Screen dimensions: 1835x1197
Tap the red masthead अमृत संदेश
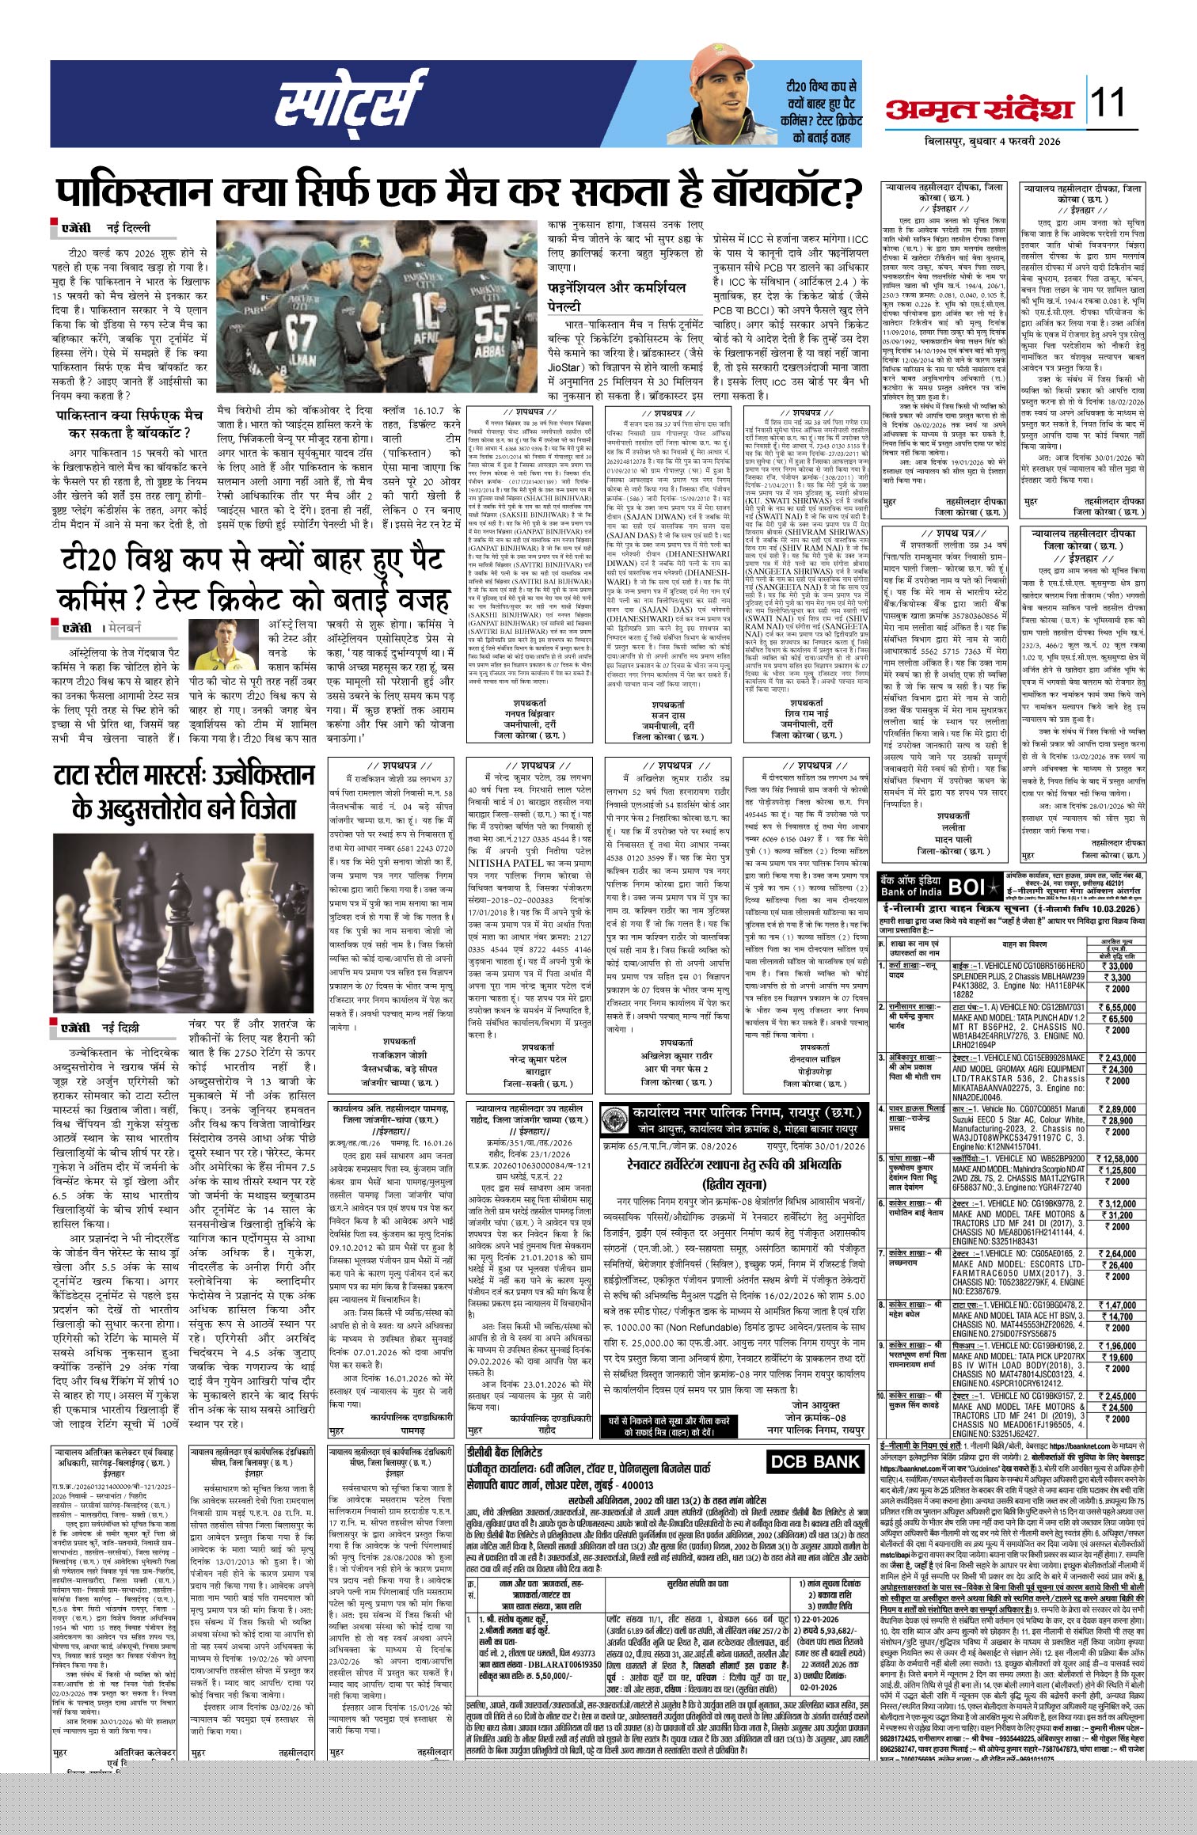point(980,110)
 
